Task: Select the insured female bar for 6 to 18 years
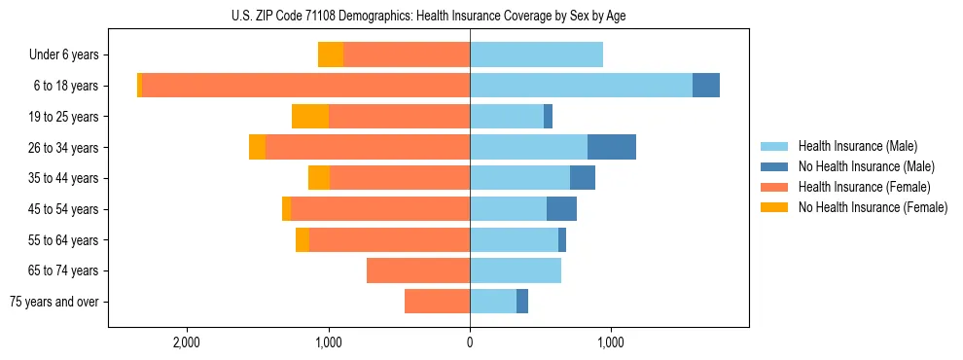pyautogui.click(x=305, y=86)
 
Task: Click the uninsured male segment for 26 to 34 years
pyautogui.click(x=612, y=147)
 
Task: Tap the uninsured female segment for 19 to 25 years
pyautogui.click(x=310, y=117)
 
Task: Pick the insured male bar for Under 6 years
pyautogui.click(x=536, y=55)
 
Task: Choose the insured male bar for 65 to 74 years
pyautogui.click(x=516, y=270)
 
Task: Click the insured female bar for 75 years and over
pyautogui.click(x=437, y=302)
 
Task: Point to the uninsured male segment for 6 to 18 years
pyautogui.click(x=706, y=86)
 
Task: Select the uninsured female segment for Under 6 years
pyautogui.click(x=331, y=55)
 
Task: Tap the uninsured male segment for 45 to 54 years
pyautogui.click(x=561, y=209)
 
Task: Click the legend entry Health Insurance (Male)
pyautogui.click(x=857, y=146)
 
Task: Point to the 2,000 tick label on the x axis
pyautogui.click(x=186, y=342)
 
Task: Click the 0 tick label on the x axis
pyautogui.click(x=470, y=342)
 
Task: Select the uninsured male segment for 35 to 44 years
pyautogui.click(x=583, y=178)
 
